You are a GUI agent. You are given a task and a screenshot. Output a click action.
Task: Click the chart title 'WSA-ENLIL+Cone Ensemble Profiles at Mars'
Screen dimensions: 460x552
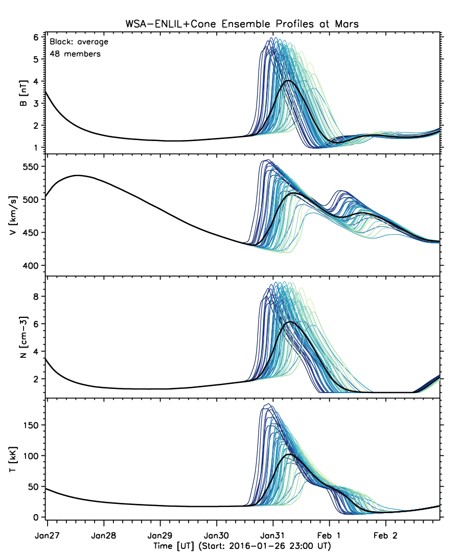[x=242, y=24]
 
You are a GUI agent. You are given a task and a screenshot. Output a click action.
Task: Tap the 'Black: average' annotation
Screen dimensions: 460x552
[x=79, y=42]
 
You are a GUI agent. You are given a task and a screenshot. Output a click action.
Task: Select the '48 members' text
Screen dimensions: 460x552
[x=75, y=54]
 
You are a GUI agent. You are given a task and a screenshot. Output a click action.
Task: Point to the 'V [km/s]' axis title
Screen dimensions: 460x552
[x=13, y=216]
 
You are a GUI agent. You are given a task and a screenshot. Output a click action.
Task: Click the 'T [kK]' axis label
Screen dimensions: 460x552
[x=13, y=459]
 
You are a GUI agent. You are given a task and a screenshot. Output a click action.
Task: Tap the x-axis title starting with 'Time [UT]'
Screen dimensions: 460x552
[x=242, y=546]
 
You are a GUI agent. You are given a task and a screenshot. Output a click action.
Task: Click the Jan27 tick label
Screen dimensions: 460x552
[x=47, y=536]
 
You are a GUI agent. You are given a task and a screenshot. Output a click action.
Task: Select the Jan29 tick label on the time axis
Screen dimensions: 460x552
[x=160, y=536]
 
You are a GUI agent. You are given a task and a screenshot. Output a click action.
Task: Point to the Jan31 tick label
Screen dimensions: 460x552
[x=273, y=536]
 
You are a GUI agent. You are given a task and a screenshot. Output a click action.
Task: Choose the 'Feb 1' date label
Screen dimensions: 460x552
[x=329, y=536]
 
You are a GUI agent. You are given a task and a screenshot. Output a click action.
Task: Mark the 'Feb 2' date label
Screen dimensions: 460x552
[x=385, y=536]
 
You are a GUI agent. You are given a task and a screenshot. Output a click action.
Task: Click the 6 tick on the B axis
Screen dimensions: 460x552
[x=36, y=37]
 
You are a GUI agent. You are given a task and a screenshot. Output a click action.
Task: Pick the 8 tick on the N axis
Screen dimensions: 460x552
[x=36, y=296]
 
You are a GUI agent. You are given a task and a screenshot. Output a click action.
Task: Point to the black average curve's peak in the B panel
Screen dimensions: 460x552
[x=288, y=81]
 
